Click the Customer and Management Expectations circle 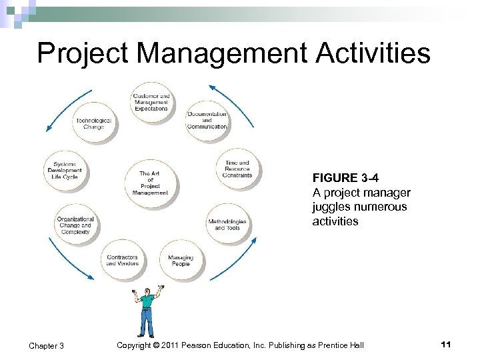click(x=151, y=103)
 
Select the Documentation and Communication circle click(x=207, y=120)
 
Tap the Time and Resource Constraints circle click(x=238, y=169)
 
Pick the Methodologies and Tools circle click(x=227, y=224)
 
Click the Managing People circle click(x=180, y=259)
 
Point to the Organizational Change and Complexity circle click(x=75, y=224)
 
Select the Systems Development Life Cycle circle click(x=65, y=171)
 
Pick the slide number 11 click(x=446, y=344)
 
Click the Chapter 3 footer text click(x=46, y=345)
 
